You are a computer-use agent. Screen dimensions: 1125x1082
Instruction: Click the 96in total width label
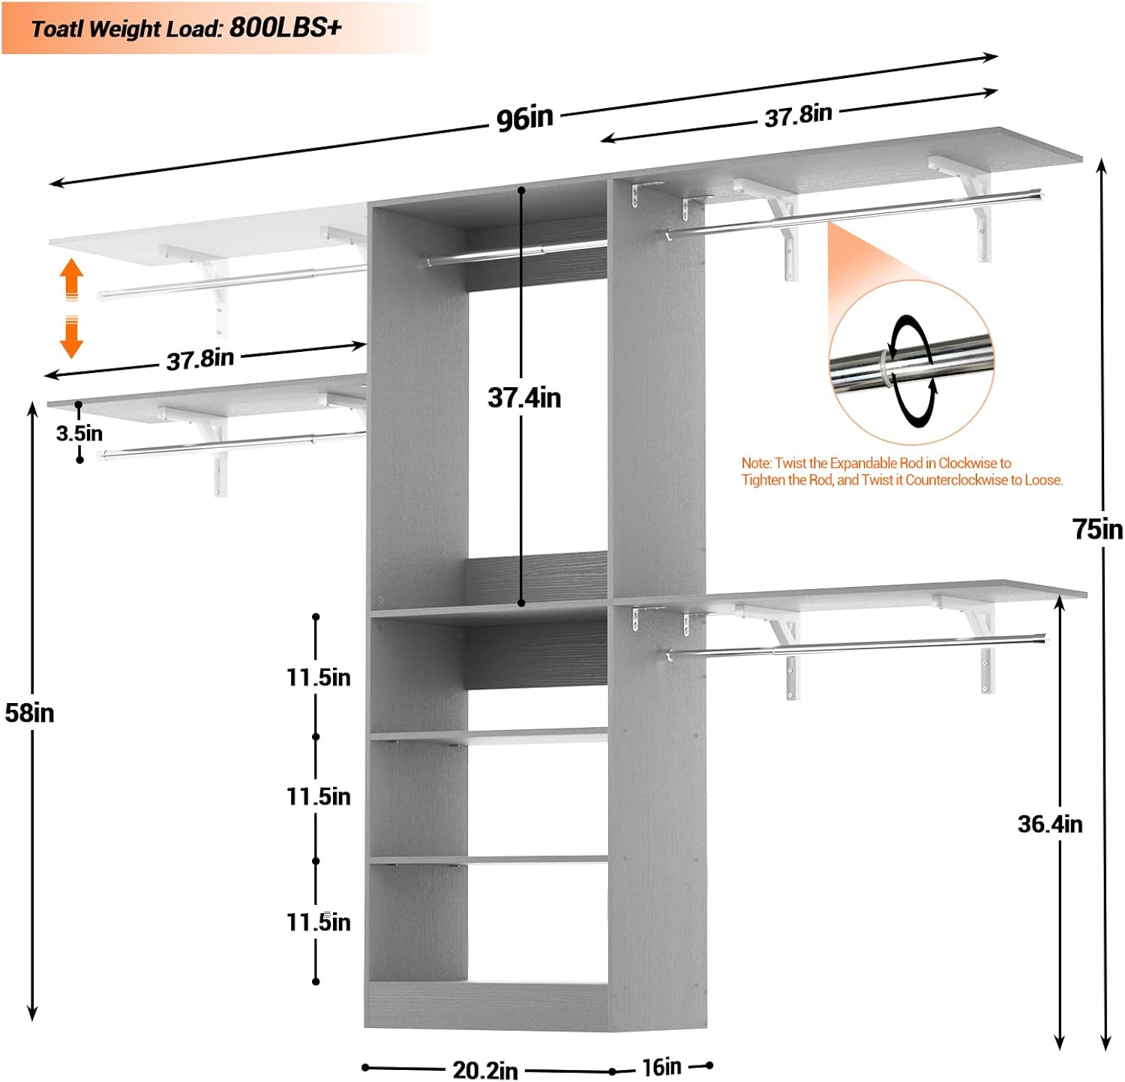524,118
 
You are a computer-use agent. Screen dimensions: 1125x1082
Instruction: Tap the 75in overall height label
1097,529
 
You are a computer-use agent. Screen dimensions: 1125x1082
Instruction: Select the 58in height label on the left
30,712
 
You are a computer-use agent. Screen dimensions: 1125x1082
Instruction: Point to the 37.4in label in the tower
524,397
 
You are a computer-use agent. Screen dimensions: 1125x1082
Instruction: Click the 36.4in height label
1050,824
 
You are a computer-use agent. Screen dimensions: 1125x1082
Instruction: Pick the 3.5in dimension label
79,433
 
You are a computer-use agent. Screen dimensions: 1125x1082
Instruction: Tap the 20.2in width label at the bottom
484,1070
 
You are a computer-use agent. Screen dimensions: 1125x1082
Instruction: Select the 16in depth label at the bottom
661,1066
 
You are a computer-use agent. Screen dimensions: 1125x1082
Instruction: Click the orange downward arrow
71,337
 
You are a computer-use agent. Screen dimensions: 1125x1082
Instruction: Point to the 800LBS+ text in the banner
286,28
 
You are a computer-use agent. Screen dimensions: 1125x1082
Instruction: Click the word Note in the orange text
755,463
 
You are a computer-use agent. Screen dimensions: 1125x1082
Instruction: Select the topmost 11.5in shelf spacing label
319,677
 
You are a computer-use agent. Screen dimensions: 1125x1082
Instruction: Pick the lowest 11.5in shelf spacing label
319,921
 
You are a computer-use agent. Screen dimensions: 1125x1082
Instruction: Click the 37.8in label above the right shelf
798,115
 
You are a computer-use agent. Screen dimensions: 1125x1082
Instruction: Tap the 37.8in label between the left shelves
200,359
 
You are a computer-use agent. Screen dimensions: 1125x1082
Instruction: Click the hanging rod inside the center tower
516,252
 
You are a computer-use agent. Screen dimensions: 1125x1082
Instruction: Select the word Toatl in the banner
57,29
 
